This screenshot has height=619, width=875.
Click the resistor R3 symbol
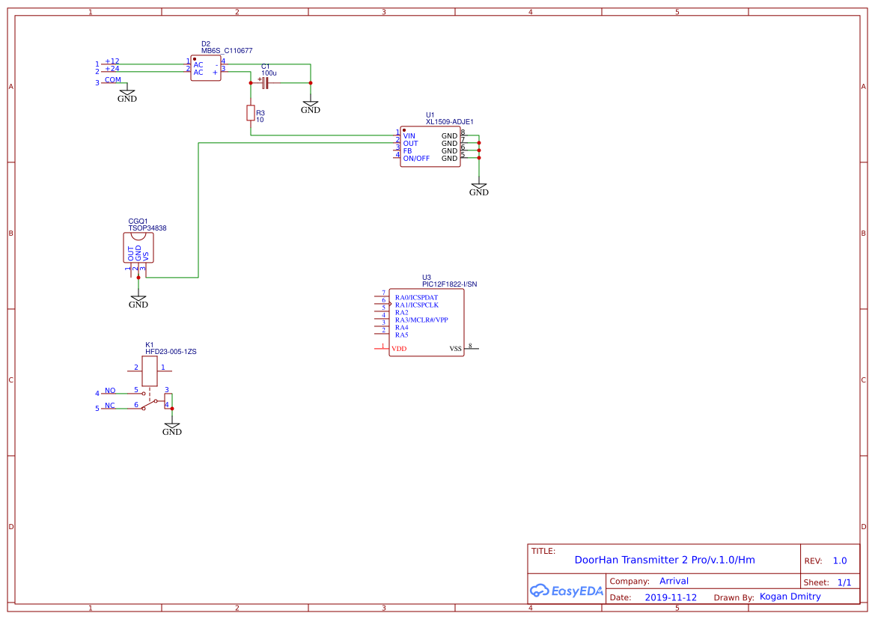(250, 113)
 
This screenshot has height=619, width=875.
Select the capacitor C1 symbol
(265, 82)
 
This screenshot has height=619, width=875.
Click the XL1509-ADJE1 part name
(449, 121)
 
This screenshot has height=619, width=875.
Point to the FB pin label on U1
(407, 151)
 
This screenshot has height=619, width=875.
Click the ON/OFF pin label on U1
(416, 159)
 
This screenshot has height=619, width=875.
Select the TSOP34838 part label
(147, 228)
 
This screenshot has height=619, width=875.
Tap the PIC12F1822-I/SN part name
(449, 284)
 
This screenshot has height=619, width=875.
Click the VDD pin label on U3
(399, 349)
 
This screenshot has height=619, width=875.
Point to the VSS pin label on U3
(455, 349)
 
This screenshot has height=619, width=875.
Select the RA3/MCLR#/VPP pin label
(421, 320)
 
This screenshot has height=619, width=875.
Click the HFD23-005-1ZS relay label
(171, 351)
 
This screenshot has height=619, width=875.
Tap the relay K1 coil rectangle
(149, 371)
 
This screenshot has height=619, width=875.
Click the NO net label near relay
(110, 391)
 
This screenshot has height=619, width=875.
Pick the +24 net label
(112, 69)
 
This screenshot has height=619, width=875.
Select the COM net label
(112, 79)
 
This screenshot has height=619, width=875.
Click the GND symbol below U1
(478, 189)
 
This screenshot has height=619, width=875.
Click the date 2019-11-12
(671, 597)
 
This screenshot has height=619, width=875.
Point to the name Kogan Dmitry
(790, 597)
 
